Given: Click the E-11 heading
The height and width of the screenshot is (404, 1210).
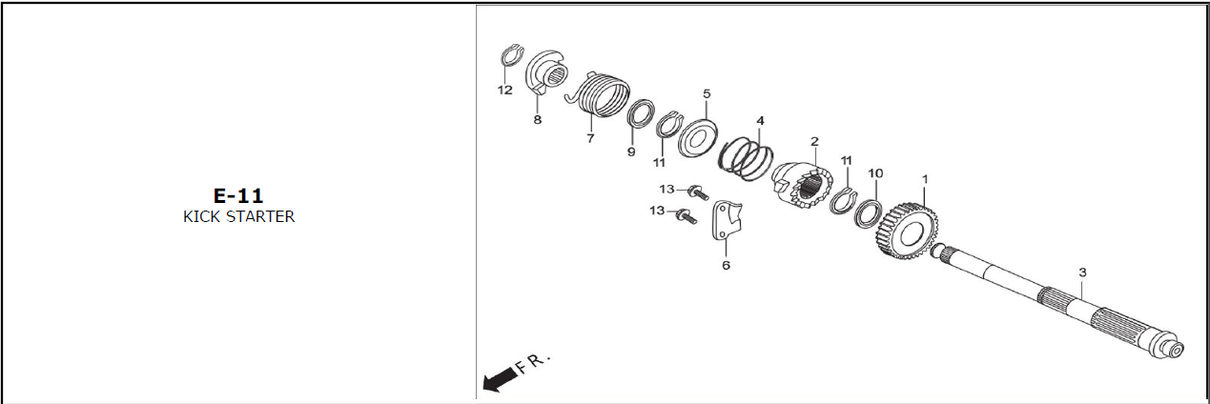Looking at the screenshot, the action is tap(238, 195).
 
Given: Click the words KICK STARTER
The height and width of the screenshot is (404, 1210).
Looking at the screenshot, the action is tap(238, 216).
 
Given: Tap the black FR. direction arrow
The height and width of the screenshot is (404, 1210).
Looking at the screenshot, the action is tap(498, 378).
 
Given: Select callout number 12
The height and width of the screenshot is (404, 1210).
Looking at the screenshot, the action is tap(505, 91).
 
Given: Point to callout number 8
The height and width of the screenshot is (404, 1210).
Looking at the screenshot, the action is tap(538, 120).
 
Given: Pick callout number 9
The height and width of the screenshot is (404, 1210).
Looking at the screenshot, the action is tap(631, 152).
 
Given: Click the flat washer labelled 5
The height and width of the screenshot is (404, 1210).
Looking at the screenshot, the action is tap(697, 138).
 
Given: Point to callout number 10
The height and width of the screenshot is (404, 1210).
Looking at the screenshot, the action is tap(875, 173).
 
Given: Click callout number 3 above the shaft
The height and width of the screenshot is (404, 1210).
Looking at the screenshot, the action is tap(1082, 273).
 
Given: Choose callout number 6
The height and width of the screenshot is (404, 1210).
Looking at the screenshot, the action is tap(726, 265).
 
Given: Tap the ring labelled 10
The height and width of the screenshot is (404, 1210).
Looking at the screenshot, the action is tap(870, 212).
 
